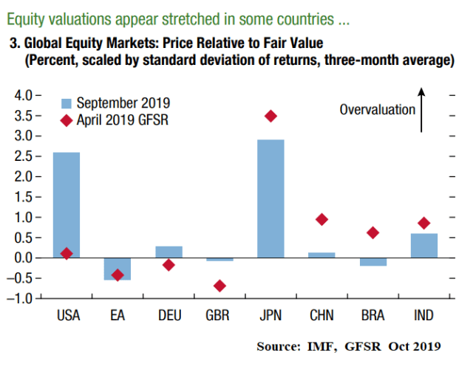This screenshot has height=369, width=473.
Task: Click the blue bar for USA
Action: click(67, 204)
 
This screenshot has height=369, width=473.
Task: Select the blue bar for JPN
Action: click(270, 199)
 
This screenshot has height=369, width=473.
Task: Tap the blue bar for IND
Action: click(423, 246)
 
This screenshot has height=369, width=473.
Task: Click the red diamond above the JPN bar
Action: click(270, 116)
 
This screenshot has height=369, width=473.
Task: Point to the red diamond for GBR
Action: click(220, 286)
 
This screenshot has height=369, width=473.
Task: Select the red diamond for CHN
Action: click(321, 219)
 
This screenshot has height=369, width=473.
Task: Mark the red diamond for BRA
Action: click(372, 232)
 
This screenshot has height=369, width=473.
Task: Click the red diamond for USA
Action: click(67, 253)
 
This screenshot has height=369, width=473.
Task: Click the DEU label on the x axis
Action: click(169, 316)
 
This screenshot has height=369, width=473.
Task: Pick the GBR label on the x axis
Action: click(220, 316)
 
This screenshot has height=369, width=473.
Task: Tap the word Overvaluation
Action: click(377, 109)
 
